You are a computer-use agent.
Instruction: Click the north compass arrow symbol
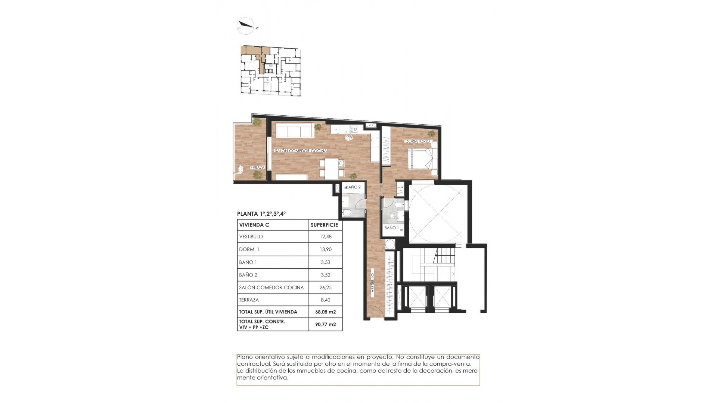[x=246, y=26]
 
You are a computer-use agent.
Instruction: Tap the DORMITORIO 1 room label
[x=419, y=141]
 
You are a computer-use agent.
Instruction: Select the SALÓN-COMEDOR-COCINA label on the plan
[x=301, y=151]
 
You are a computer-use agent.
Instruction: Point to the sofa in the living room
[x=294, y=131]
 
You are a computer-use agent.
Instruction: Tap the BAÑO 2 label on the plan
[x=353, y=187]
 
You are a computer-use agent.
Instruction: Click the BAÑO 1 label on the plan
[x=392, y=228]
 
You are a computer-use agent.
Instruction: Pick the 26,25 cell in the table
[x=325, y=288]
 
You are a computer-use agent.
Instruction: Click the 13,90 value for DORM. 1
[x=325, y=249]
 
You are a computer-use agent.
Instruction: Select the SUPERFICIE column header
[x=324, y=225]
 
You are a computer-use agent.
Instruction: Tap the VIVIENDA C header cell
[x=254, y=225]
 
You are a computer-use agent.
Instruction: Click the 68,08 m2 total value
[x=325, y=312]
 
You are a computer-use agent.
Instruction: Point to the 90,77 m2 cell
[x=325, y=324]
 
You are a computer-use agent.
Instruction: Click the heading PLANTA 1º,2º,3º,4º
[x=261, y=214]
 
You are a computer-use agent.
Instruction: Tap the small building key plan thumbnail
[x=270, y=71]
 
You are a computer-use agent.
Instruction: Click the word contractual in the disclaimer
[x=252, y=364]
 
